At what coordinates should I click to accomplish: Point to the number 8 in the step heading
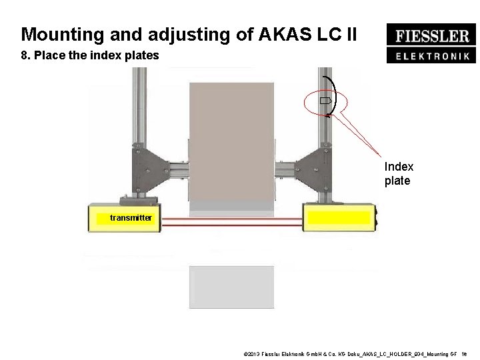[24, 56]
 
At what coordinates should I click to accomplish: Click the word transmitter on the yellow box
[131, 217]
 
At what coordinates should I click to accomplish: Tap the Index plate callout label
[399, 173]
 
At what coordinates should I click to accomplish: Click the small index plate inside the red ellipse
[324, 101]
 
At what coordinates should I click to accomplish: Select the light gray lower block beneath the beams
[231, 287]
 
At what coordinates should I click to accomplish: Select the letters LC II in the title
[343, 33]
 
